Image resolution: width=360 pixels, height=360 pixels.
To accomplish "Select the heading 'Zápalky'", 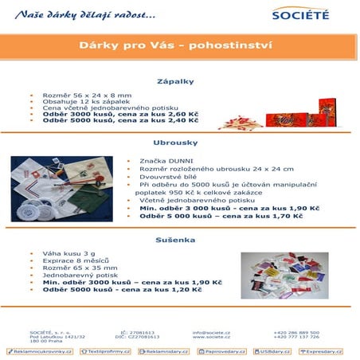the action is [x=180, y=81].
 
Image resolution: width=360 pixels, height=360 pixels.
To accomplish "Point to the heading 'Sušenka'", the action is [x=180, y=239].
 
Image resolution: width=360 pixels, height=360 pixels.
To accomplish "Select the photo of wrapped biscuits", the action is [x=284, y=276].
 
